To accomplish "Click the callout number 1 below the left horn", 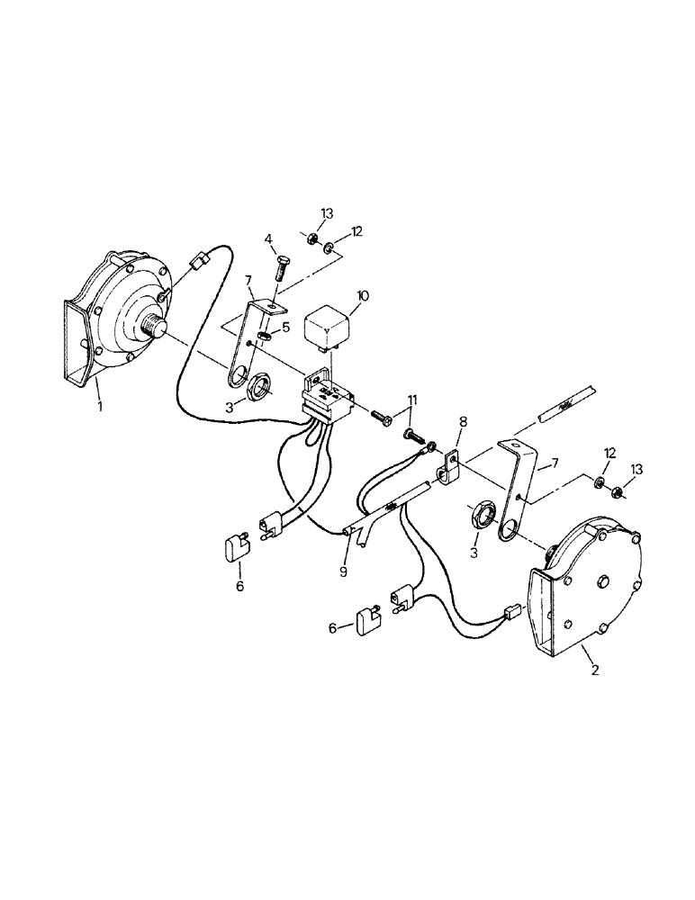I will click(x=101, y=407).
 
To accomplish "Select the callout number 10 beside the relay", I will click(x=363, y=295).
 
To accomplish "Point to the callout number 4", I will click(x=268, y=238).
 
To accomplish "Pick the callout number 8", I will click(x=463, y=420).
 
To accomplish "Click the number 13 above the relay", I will click(x=326, y=213).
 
